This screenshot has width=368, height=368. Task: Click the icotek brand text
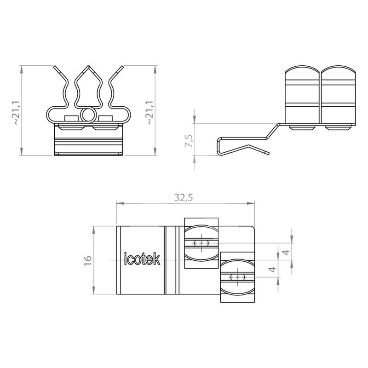point(142,259)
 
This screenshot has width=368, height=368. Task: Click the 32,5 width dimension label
point(184,198)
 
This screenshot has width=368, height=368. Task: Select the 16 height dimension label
point(88,260)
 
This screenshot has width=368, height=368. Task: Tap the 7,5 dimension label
point(189,141)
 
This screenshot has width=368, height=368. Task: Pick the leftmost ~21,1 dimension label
point(17,113)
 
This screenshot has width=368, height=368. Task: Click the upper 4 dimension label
point(286,252)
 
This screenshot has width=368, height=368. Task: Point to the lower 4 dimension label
point(272,269)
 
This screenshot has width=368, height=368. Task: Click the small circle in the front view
point(88,115)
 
